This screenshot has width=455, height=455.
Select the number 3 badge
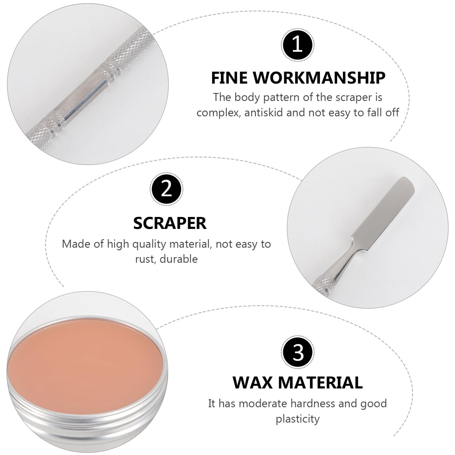(298, 353)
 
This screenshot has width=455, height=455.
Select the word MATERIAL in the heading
(320, 382)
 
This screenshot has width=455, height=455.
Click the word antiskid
(264, 113)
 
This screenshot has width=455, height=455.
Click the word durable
(179, 259)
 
